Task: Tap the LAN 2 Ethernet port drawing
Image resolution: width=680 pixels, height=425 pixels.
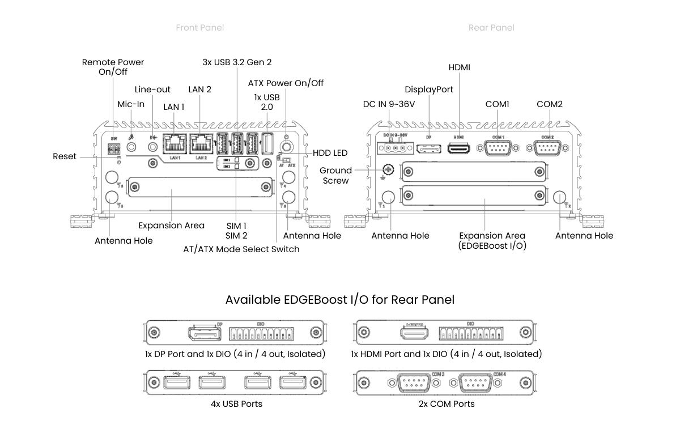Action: pos(201,143)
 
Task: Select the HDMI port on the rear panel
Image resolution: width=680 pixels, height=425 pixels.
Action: pos(458,148)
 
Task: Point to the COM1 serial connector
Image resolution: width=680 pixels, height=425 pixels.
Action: pos(497,148)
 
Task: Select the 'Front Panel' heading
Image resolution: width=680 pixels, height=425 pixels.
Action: pos(199,27)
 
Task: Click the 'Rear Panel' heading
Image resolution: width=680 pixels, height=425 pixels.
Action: pos(491,27)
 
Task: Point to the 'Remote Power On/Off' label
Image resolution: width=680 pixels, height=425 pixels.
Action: pos(113,67)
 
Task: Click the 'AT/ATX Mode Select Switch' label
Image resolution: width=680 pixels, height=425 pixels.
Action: pos(241,249)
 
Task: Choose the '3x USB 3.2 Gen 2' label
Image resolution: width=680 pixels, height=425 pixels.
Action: pos(237,62)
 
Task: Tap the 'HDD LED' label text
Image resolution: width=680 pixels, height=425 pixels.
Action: pos(330,153)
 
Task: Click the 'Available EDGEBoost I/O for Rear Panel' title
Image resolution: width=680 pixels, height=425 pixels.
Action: pos(340,299)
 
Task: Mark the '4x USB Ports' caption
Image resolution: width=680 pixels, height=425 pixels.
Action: pos(236,404)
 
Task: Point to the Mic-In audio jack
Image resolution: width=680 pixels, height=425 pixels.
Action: pos(131,147)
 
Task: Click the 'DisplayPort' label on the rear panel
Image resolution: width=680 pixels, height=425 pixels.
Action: pos(429,90)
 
